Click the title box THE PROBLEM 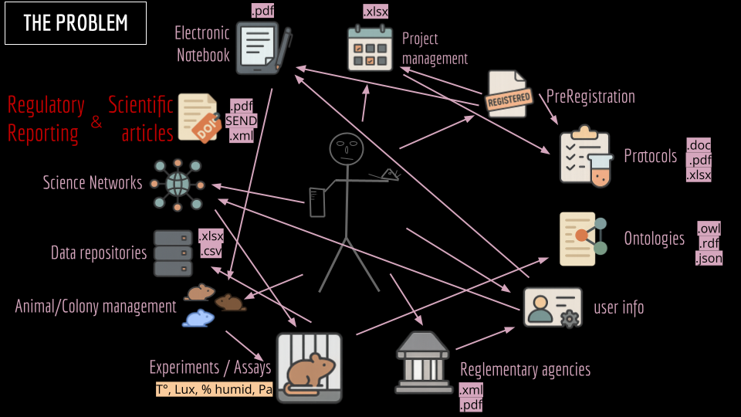pyautogui.click(x=75, y=23)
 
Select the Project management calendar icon pyautogui.click(x=370, y=48)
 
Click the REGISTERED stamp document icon pyautogui.click(x=509, y=94)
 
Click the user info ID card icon pyautogui.click(x=552, y=307)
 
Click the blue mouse pyautogui.click(x=198, y=317)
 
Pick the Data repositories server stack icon pyautogui.click(x=173, y=253)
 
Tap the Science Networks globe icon pyautogui.click(x=177, y=184)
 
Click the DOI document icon pyautogui.click(x=198, y=117)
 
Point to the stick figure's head pyautogui.click(x=346, y=149)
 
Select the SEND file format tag pyautogui.click(x=242, y=120)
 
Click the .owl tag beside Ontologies pyautogui.click(x=709, y=229)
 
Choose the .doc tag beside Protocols pyautogui.click(x=699, y=145)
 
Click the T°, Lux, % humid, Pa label pyautogui.click(x=214, y=390)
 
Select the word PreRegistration pyautogui.click(x=590, y=97)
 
